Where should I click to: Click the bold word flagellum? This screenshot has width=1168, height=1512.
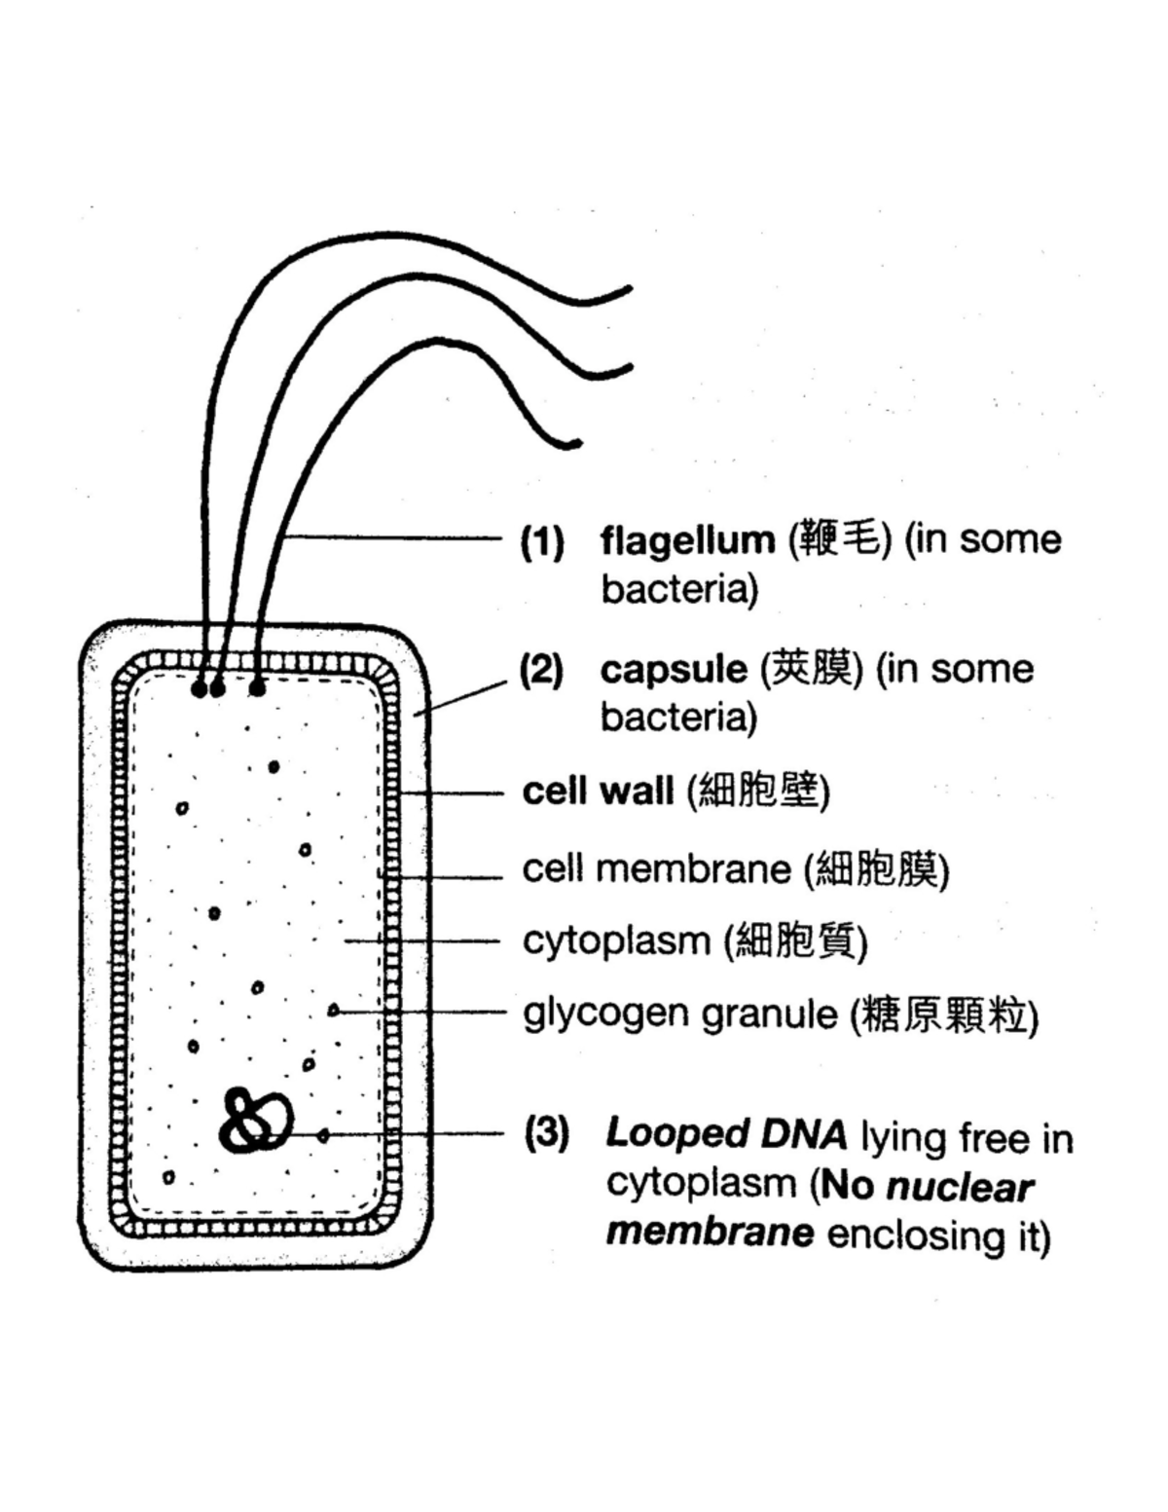[686, 539]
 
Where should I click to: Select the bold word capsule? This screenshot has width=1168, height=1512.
[673, 670]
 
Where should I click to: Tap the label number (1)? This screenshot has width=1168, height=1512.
[542, 541]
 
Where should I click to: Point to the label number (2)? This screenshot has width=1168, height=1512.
[542, 671]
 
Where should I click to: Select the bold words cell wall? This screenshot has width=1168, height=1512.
[598, 791]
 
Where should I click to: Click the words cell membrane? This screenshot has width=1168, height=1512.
[656, 868]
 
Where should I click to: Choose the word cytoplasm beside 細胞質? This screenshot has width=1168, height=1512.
[616, 941]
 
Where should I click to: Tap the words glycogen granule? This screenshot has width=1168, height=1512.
[679, 1014]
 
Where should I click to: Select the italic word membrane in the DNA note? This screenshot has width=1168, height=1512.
[710, 1233]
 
